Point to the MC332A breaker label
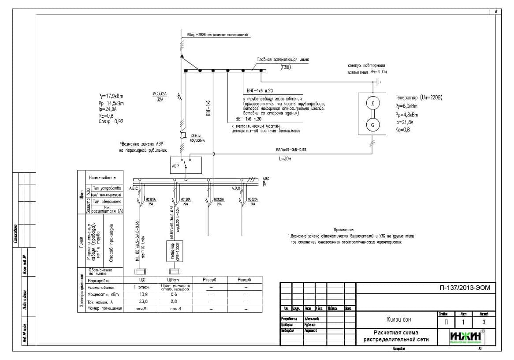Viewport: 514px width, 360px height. coord(159,94)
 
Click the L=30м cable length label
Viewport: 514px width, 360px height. coord(286,158)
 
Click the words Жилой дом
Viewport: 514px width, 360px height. coord(395,319)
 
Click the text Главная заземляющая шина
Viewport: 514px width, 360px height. coord(283,59)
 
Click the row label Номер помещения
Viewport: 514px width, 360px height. coord(104,308)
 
